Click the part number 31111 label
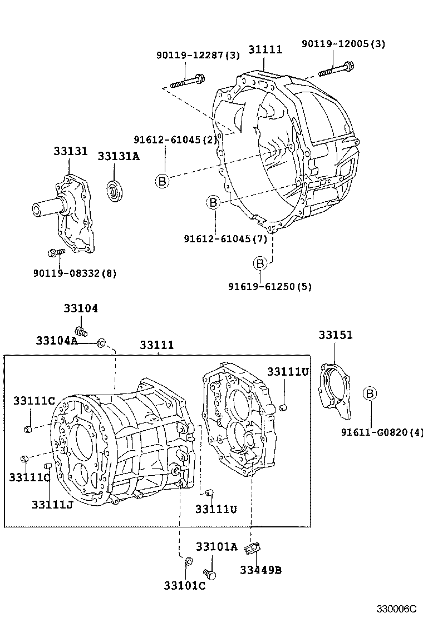(x=265, y=49)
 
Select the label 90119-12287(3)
(x=198, y=55)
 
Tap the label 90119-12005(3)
(x=343, y=44)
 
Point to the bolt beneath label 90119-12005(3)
(x=337, y=70)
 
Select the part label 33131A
(x=119, y=156)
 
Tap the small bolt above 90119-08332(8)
(x=57, y=253)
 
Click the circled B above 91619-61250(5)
(x=260, y=263)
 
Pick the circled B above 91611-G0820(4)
(x=370, y=394)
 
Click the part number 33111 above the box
(x=156, y=345)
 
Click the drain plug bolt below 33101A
(x=209, y=572)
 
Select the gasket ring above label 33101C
(x=188, y=561)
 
